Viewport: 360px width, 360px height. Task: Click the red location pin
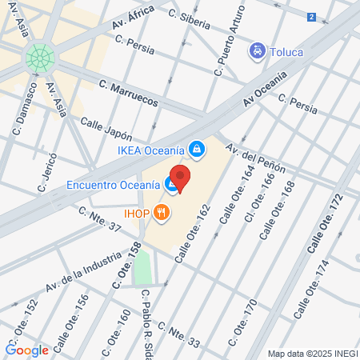180,178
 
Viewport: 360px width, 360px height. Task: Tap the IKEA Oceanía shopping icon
196,148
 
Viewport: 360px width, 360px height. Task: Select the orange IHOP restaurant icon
162,212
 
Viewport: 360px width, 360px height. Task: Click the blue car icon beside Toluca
258,52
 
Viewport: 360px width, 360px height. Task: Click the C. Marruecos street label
129,93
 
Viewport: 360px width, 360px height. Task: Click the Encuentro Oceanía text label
114,185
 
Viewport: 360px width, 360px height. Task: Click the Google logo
27,350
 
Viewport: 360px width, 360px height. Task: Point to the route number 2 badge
311,16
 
